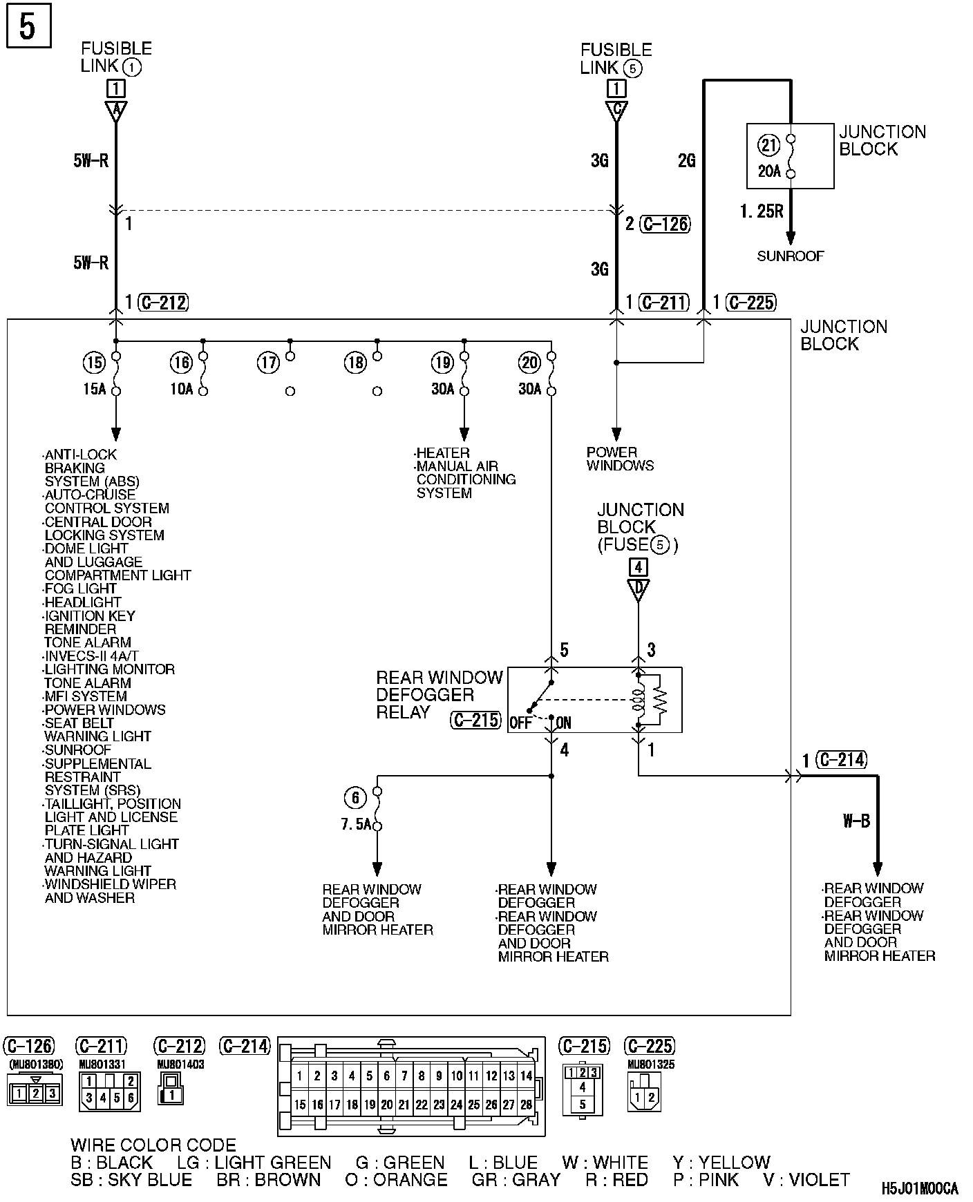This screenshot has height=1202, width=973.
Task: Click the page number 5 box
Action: [x=28, y=28]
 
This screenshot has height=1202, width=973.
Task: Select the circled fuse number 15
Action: [x=94, y=362]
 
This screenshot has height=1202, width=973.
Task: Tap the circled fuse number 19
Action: [x=442, y=362]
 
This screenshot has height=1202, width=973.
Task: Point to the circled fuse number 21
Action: [x=768, y=145]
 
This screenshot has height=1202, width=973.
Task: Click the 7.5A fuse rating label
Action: [x=356, y=825]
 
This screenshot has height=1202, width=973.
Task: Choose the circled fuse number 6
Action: [x=355, y=799]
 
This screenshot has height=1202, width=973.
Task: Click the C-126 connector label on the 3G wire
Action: [x=665, y=224]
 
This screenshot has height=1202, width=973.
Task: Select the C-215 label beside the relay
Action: [x=475, y=721]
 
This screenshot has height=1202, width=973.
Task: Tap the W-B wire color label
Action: [x=856, y=821]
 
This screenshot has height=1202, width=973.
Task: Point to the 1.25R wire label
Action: [x=762, y=211]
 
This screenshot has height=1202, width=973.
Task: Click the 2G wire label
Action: [x=686, y=161]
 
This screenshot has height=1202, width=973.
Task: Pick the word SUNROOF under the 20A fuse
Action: [x=791, y=256]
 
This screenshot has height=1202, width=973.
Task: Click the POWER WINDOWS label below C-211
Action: [x=620, y=459]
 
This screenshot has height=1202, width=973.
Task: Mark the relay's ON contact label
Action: [x=563, y=723]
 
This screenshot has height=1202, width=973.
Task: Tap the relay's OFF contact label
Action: [x=520, y=723]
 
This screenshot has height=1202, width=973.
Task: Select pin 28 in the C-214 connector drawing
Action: [x=526, y=1105]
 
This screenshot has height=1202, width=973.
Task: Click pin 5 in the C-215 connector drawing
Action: [x=583, y=1104]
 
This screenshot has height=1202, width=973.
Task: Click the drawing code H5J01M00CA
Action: [x=920, y=1188]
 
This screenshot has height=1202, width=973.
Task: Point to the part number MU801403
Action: [x=180, y=1065]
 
